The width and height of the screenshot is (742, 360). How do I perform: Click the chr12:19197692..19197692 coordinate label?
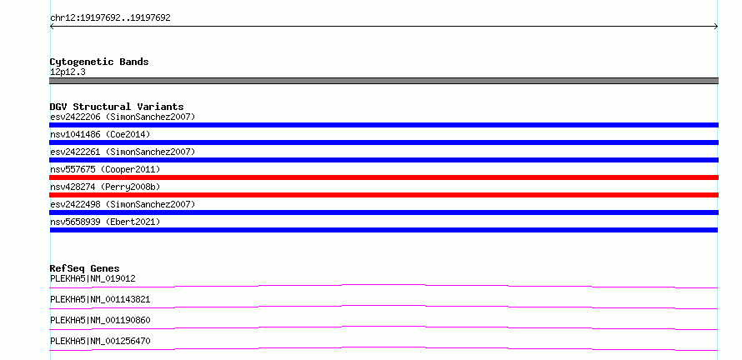[x=110, y=18]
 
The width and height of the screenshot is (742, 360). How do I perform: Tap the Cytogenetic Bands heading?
[x=99, y=62]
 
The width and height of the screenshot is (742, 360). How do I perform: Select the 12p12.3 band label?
[x=68, y=72]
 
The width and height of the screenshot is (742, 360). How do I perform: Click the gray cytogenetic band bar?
[x=384, y=81]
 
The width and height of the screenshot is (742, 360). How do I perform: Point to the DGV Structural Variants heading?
[x=117, y=107]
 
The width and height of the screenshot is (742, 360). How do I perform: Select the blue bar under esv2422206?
[x=384, y=125]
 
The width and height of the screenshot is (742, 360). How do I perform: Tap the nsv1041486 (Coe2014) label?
[x=100, y=134]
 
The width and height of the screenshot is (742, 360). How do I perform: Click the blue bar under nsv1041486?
[x=384, y=142]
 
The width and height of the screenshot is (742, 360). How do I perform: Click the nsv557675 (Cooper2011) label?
[x=105, y=169]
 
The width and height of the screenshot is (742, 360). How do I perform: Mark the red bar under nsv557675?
[x=384, y=177]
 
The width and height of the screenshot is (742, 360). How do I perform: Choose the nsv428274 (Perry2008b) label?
[x=105, y=187]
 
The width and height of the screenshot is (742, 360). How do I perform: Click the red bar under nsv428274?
[x=384, y=195]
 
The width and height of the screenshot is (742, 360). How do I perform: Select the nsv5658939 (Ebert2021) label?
[x=105, y=222]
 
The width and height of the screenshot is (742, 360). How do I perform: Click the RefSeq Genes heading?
[x=85, y=268]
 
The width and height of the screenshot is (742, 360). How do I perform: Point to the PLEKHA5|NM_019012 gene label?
[x=93, y=278]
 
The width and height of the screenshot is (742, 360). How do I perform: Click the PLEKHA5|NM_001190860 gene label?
[x=100, y=320]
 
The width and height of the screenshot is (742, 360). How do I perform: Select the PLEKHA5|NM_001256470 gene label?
[x=100, y=341]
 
